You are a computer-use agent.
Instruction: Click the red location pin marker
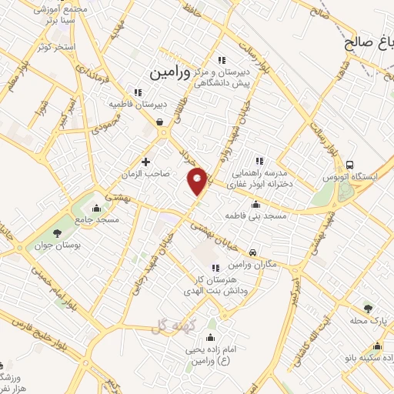[x=199, y=180]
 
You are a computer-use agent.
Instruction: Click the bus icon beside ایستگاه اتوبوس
[x=351, y=165]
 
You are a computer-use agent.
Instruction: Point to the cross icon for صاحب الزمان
[x=145, y=162]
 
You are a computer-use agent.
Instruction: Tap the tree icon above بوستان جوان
[x=58, y=233]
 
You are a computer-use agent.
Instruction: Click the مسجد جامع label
[x=96, y=220]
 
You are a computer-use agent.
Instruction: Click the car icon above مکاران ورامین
[x=253, y=251]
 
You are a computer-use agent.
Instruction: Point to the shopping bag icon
[x=159, y=121]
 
